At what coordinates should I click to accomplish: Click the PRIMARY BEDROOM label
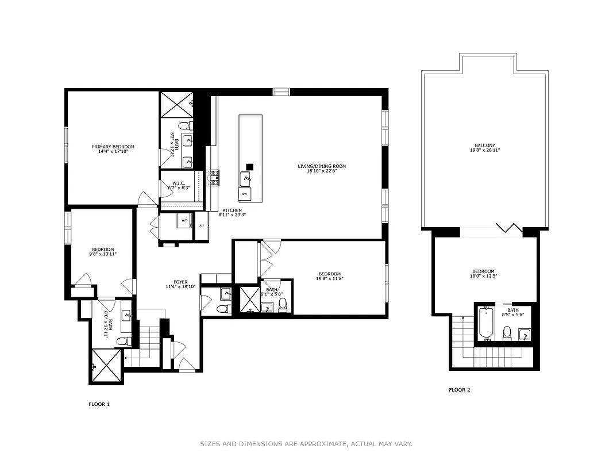point(113,147)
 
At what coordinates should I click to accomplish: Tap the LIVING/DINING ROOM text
point(322,166)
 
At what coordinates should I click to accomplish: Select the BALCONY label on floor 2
point(484,145)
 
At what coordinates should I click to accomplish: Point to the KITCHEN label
point(232,210)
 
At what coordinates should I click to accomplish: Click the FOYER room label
point(181,281)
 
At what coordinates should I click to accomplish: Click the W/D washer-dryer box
point(184,220)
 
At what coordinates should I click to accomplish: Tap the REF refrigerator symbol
point(202,225)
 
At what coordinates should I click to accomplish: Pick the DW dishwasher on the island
point(244,194)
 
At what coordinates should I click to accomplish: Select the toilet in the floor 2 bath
point(507,332)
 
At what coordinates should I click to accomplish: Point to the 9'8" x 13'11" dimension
point(103,254)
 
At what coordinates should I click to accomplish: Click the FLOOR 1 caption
point(99,404)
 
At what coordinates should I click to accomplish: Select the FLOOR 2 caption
point(459,390)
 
